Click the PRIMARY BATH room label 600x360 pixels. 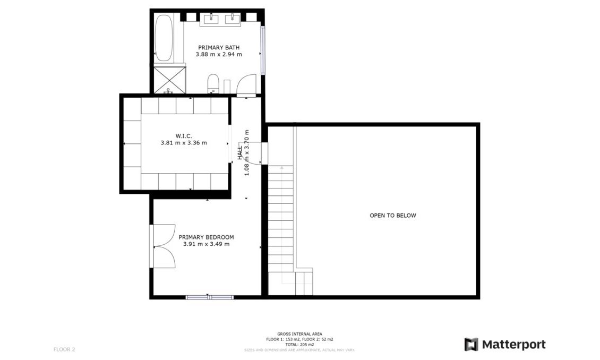click(219, 47)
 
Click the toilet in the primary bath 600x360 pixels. click(213, 83)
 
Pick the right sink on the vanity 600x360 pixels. click(233, 20)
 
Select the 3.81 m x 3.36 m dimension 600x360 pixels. click(183, 143)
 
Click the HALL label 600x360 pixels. click(240, 153)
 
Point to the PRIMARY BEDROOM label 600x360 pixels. click(206, 237)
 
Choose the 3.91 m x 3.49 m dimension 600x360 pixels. click(206, 244)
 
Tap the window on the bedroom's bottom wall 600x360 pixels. click(209, 297)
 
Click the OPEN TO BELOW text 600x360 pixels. click(393, 216)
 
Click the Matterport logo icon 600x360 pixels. click(471, 344)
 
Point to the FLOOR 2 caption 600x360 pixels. click(64, 349)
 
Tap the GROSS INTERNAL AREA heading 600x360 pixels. click(299, 334)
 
